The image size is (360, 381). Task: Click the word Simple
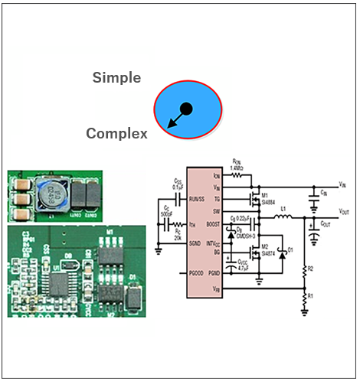click(x=116, y=77)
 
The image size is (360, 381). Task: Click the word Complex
click(x=116, y=134)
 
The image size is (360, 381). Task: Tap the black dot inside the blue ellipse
click(x=186, y=108)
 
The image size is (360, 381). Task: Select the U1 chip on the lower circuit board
click(x=59, y=285)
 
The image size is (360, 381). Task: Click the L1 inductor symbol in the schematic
click(x=283, y=217)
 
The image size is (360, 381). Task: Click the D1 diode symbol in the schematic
click(x=281, y=252)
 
